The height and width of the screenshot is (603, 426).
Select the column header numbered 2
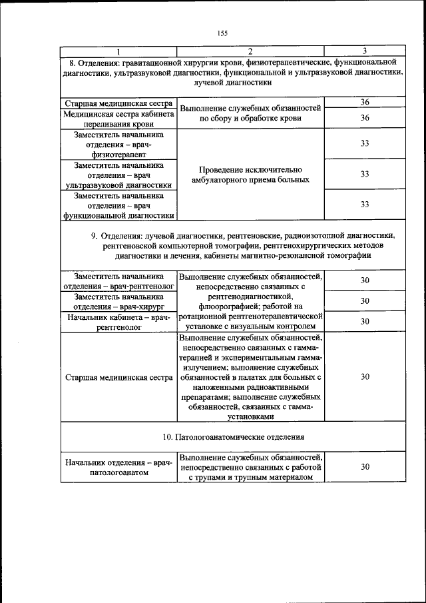click(250, 51)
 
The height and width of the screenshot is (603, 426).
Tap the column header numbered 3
click(365, 51)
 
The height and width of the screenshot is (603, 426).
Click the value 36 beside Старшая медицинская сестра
click(365, 102)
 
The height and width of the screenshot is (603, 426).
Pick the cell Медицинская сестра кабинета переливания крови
click(119, 119)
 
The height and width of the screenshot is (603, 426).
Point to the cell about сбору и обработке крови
click(250, 113)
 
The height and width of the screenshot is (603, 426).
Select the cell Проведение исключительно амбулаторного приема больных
click(250, 175)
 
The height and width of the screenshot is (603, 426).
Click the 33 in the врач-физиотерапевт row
click(365, 143)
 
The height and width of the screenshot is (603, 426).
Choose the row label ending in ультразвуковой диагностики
click(119, 175)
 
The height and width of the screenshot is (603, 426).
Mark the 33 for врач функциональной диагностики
click(365, 204)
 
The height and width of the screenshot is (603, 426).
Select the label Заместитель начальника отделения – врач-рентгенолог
click(119, 281)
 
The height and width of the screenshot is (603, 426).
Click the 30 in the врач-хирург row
click(365, 301)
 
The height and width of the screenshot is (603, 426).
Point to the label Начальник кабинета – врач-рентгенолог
click(119, 322)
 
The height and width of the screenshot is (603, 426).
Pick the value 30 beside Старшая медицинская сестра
click(365, 377)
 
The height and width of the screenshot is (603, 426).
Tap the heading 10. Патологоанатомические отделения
click(233, 437)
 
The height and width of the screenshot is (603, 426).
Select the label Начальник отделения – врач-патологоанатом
click(119, 467)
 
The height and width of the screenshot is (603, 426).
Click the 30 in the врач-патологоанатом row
click(365, 467)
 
